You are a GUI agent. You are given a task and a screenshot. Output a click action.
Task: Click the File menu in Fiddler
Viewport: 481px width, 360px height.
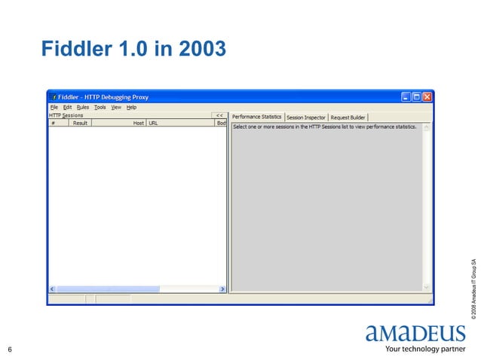click(54, 107)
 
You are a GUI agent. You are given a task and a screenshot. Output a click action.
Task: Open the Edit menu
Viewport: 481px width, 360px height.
click(67, 107)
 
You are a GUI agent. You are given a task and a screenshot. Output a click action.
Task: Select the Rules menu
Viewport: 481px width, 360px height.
click(82, 107)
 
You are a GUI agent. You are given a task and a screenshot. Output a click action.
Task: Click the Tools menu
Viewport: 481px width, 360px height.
click(100, 107)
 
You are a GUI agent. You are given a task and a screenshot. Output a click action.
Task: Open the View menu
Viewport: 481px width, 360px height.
click(116, 107)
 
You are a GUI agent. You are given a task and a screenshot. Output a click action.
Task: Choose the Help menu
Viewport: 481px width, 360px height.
click(131, 107)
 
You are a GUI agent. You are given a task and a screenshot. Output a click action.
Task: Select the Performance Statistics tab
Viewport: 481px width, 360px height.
click(256, 117)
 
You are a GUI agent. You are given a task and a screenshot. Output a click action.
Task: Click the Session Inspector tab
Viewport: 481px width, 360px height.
click(305, 117)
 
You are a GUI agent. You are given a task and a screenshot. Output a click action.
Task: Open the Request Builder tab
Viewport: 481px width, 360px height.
click(348, 117)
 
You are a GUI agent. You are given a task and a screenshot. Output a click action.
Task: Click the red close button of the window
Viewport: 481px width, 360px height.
click(427, 96)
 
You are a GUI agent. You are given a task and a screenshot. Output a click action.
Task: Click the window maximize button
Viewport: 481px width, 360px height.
click(417, 96)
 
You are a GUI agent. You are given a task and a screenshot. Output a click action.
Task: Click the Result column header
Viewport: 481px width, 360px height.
click(81, 123)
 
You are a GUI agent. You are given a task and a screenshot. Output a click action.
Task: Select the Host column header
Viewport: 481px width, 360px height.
click(138, 123)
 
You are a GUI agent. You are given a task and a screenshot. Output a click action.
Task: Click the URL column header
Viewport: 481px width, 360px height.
click(153, 123)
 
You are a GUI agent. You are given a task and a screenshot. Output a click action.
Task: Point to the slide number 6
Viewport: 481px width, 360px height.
click(10, 349)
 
